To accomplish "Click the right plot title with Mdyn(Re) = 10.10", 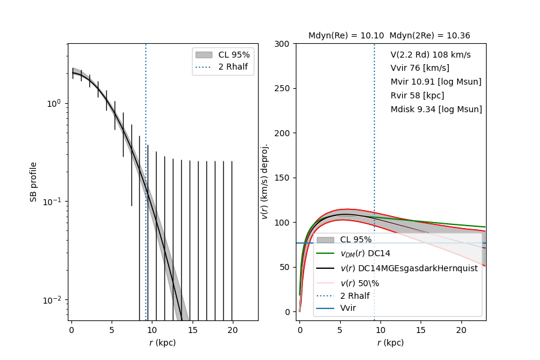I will click(x=389, y=36).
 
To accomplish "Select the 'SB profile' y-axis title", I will click(x=34, y=181).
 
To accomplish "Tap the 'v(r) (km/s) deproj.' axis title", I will click(x=264, y=181).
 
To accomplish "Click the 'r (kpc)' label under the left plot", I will click(x=163, y=343).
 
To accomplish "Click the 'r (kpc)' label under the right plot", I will click(x=391, y=343).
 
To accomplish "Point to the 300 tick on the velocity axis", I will click(x=282, y=44).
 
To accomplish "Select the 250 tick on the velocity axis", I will click(x=282, y=88).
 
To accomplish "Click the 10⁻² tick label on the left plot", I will click(x=54, y=299).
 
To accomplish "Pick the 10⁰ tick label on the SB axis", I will click(x=55, y=103).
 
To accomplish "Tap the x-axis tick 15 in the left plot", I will click(x=192, y=330).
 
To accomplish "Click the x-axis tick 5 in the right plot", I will click(x=340, y=330).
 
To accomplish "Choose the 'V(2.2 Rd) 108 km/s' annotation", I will click(x=430, y=55).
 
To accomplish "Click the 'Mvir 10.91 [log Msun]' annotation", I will click(x=436, y=82).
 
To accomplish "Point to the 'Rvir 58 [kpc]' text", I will click(x=417, y=95).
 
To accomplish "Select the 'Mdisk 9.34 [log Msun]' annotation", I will click(x=436, y=109).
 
